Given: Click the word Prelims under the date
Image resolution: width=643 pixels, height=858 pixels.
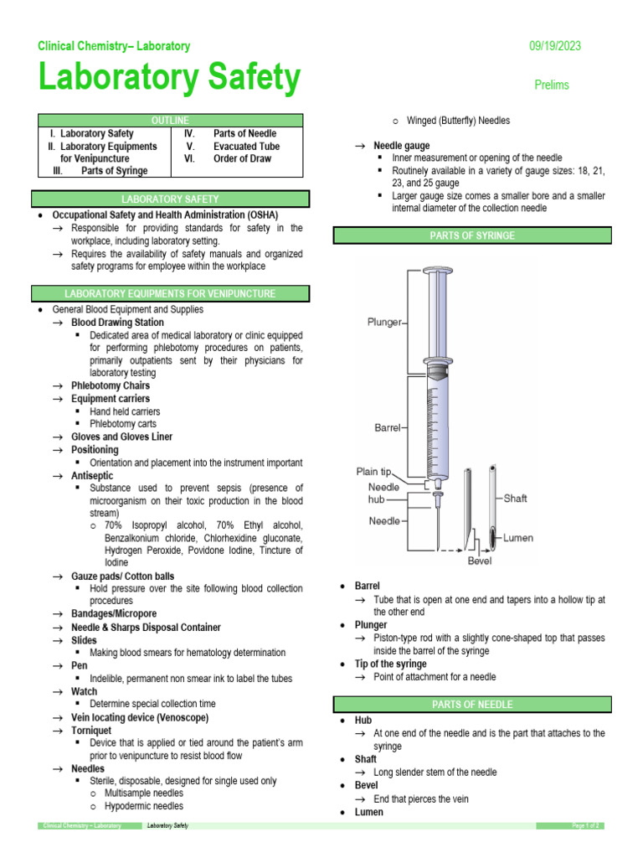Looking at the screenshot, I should (x=552, y=85).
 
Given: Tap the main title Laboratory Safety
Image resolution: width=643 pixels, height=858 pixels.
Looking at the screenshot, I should (x=169, y=79).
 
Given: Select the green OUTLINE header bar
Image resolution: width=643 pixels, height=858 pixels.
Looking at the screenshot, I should (x=170, y=121).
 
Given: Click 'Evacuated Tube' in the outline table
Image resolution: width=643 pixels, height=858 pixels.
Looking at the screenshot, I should (x=246, y=146).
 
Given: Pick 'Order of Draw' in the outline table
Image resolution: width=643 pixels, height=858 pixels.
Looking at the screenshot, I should (x=242, y=158).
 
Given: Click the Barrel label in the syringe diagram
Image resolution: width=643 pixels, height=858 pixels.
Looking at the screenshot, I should (x=389, y=427).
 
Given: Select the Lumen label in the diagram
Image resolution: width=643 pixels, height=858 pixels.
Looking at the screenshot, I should (x=517, y=538).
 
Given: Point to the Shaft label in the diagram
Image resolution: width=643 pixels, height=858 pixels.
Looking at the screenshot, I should (x=515, y=498).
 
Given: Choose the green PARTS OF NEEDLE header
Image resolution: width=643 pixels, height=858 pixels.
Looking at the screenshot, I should (x=473, y=704).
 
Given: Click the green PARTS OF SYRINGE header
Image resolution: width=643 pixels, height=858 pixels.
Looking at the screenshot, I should (x=473, y=236).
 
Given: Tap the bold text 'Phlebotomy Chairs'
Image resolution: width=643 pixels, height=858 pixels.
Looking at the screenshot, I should (x=111, y=385).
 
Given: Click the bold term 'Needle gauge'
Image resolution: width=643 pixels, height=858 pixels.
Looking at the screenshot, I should (x=401, y=146).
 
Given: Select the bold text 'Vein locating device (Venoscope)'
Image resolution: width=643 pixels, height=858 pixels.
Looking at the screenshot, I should (x=140, y=717).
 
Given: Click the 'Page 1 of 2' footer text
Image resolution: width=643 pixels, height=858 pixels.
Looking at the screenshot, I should (x=585, y=826).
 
